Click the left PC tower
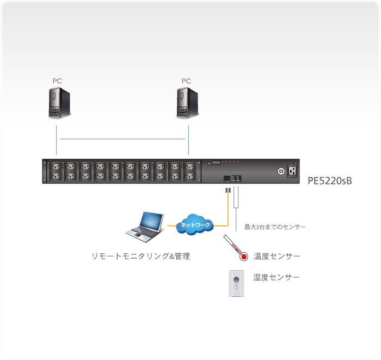[57, 103]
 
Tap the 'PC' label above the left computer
[57, 81]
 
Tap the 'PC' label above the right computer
[186, 81]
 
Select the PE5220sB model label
[330, 180]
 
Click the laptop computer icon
[144, 227]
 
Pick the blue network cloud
[195, 224]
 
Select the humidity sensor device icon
[236, 284]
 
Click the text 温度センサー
[276, 256]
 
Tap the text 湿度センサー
[276, 277]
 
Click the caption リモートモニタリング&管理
[140, 255]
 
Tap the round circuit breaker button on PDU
[281, 170]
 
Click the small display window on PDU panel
[216, 163]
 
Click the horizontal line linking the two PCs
[122, 139]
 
